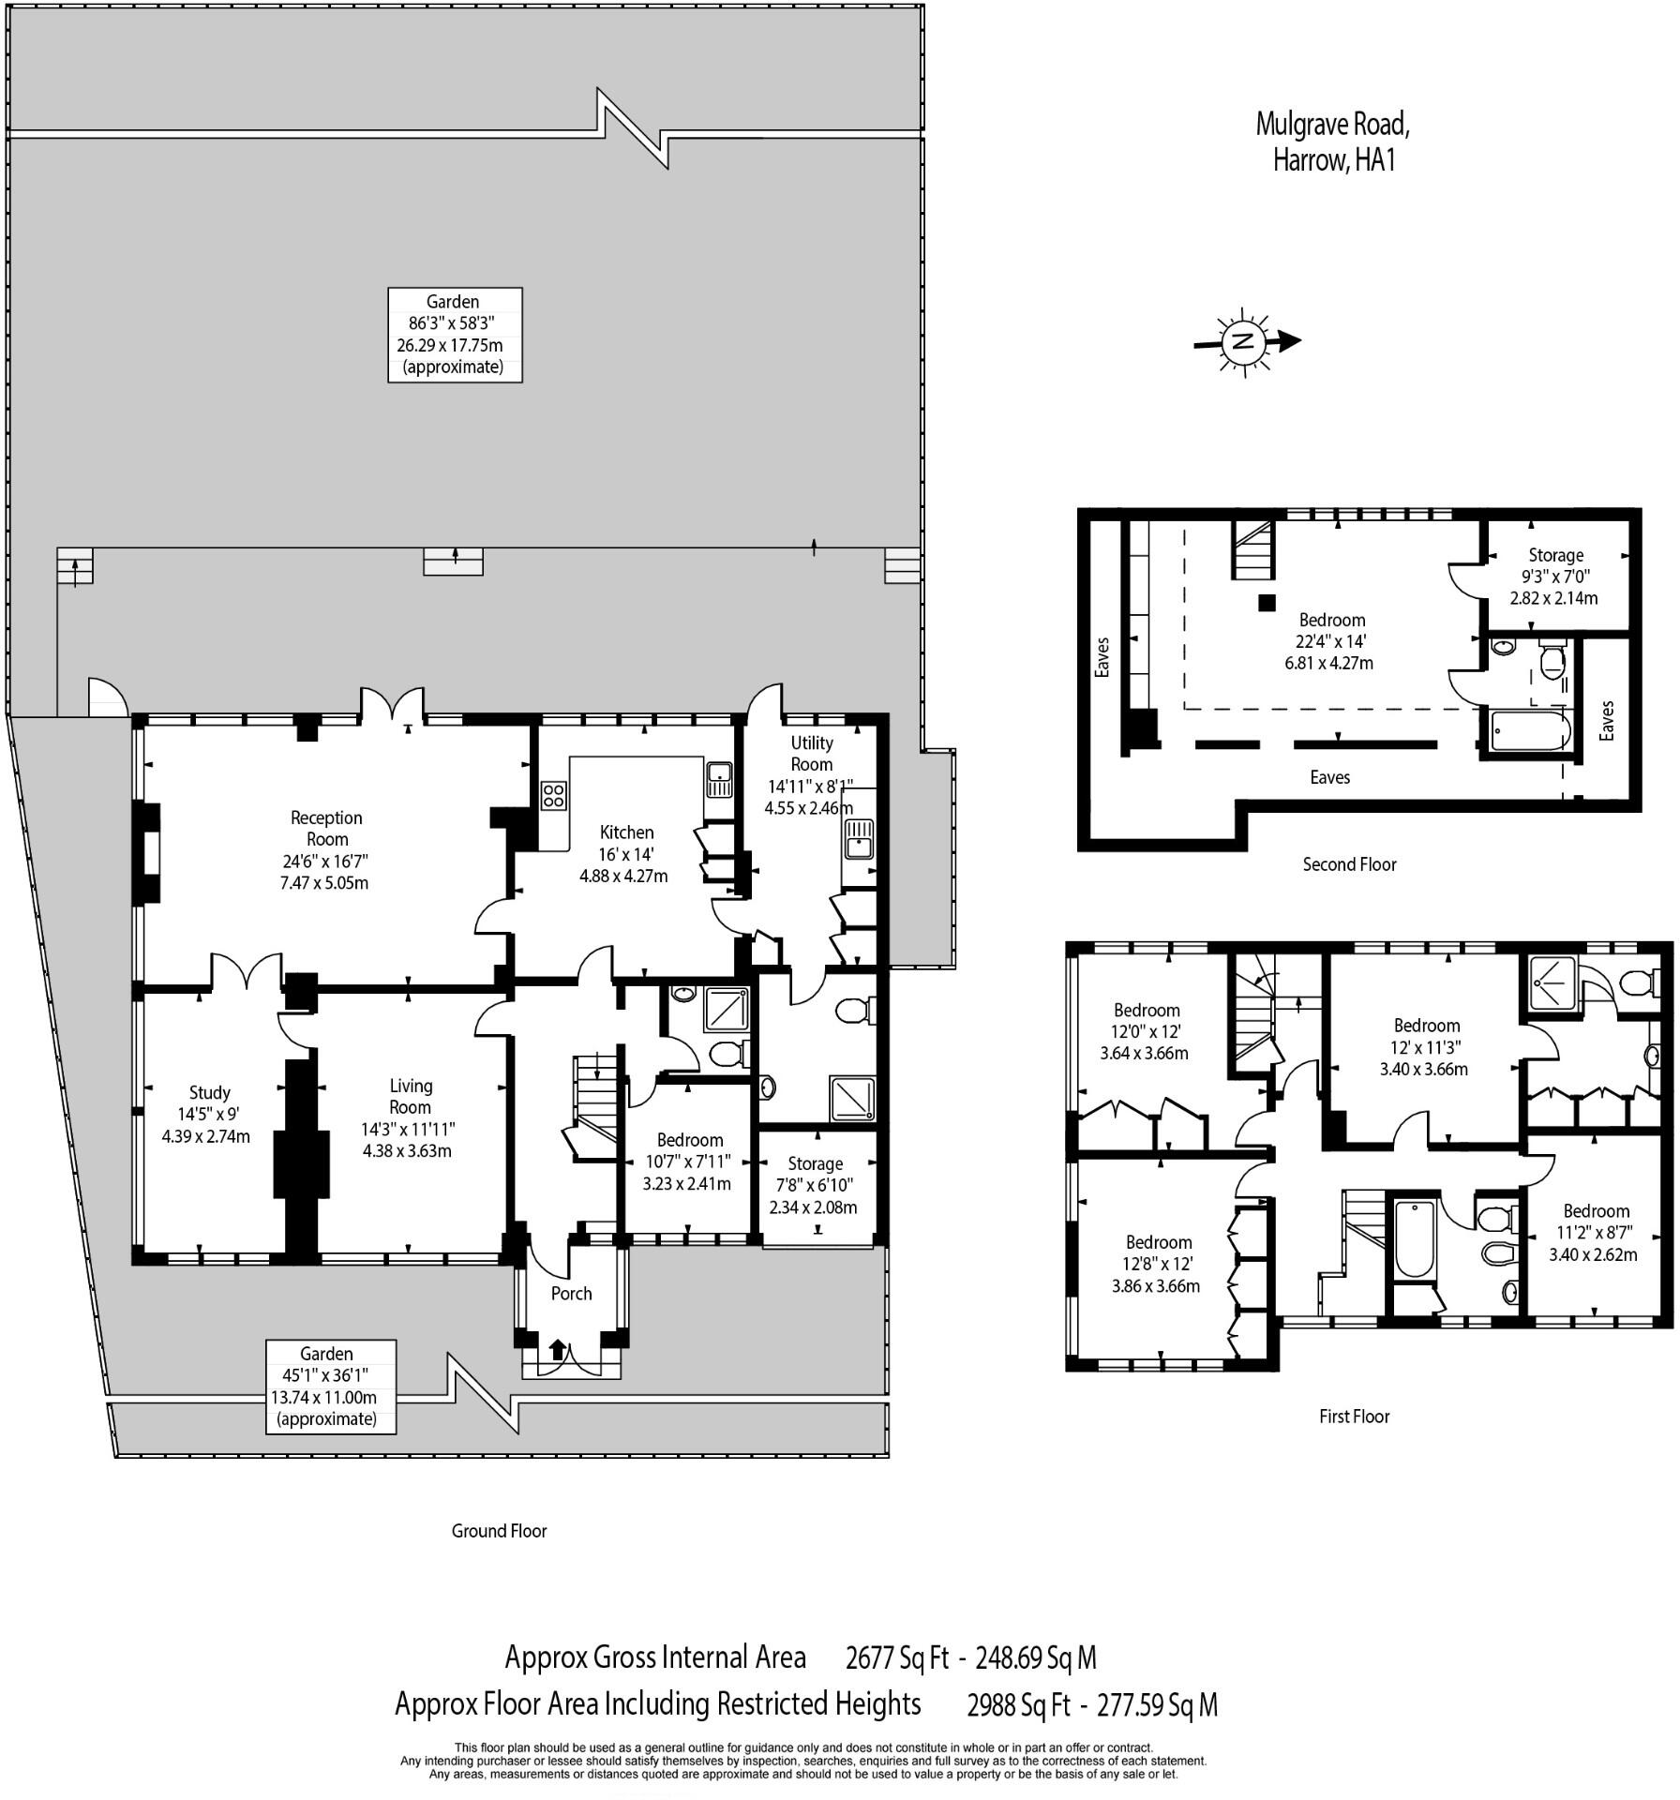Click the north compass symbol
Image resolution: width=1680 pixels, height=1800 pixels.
coord(1245,341)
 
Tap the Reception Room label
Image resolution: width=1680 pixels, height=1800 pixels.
coord(325,849)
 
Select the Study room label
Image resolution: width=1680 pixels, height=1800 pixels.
coord(208,1114)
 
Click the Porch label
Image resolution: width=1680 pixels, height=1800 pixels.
coord(571,1294)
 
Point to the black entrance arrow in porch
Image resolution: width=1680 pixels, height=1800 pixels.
coord(558,1350)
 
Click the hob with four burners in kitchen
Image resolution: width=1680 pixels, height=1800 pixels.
coord(553,796)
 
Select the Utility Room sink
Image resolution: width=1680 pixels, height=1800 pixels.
coord(858,838)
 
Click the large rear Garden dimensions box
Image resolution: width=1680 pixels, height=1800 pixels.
coord(455,335)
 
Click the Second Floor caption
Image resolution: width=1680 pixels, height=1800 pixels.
coord(1349,864)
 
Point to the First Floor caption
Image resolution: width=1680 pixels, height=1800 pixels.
coord(1354,1417)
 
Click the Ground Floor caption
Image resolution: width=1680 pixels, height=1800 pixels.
coord(499,1531)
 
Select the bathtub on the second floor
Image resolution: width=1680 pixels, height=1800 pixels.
coord(1529,732)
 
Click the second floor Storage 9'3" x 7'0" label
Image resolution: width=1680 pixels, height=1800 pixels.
coord(1554,576)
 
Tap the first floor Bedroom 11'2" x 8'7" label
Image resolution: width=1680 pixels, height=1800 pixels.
coord(1596,1232)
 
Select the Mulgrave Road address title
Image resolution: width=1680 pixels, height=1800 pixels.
coord(1332,142)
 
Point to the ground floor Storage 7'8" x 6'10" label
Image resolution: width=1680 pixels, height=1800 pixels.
coord(814,1185)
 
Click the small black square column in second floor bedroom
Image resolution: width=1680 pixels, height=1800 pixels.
coord(1267,603)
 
